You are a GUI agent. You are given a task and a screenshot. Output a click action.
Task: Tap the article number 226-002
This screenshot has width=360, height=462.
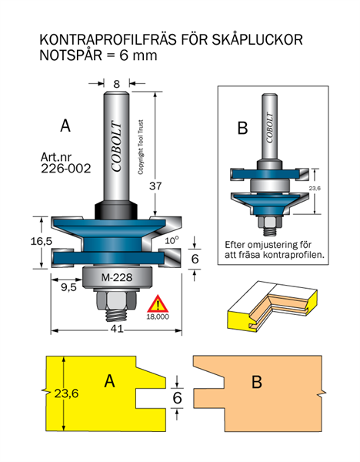66,169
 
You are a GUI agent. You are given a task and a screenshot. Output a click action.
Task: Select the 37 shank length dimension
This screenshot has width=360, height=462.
155,186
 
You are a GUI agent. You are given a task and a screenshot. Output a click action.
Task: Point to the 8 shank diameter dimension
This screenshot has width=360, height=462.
117,84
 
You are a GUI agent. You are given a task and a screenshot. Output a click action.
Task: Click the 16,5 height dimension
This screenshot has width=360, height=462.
42,241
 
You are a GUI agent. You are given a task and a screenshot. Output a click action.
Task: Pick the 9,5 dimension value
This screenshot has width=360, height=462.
68,287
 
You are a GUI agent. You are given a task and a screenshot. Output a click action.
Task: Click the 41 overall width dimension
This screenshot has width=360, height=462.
117,329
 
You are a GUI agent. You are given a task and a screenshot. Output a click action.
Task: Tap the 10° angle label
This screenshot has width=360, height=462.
172,240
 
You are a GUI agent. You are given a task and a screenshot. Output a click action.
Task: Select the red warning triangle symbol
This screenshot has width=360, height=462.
158,304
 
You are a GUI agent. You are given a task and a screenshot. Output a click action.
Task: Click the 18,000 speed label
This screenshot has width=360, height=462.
158,316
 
